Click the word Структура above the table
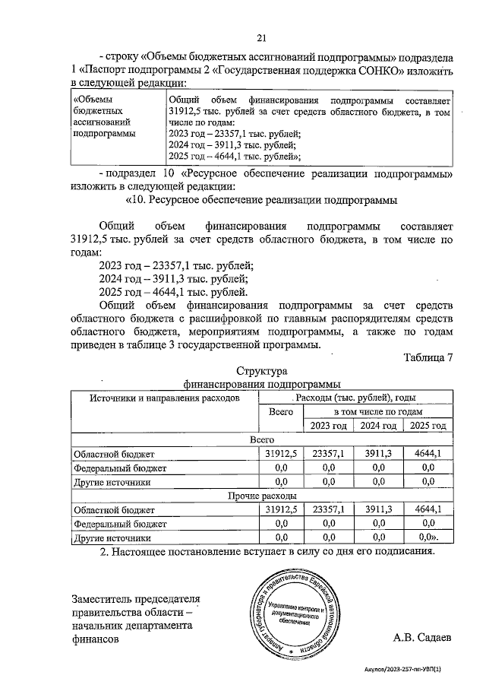click(260, 372)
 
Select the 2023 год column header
click(330, 426)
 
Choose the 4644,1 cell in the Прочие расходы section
click(428, 509)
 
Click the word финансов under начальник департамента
click(95, 640)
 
